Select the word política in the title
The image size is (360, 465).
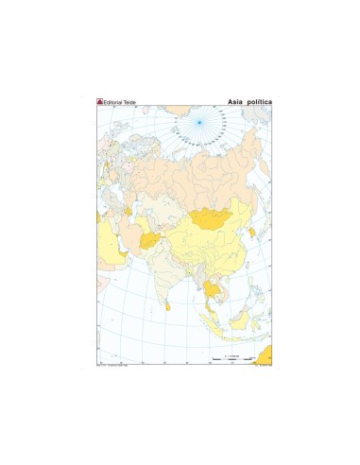(x=260, y=100)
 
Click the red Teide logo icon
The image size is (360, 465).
(x=100, y=100)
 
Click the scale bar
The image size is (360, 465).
(x=227, y=360)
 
